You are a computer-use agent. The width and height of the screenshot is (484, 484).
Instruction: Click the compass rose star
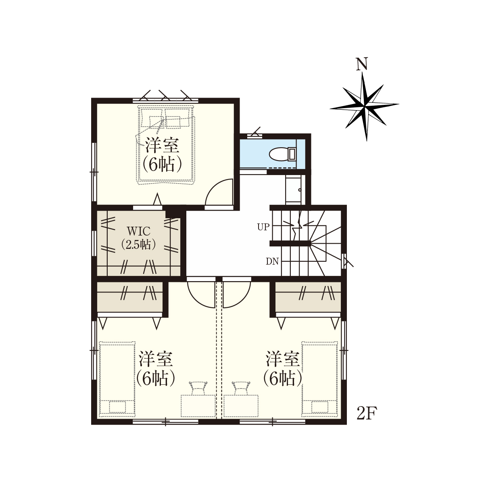click(364, 106)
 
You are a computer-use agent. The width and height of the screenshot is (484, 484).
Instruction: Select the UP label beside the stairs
click(263, 227)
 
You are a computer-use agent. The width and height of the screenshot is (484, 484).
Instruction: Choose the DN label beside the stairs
click(273, 262)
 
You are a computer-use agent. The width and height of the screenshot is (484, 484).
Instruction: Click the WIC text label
click(139, 231)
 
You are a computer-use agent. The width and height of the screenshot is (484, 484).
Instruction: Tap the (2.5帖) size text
click(138, 245)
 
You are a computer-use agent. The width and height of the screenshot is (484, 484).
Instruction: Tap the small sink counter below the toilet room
click(293, 190)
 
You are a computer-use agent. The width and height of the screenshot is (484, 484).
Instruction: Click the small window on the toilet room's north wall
click(255, 135)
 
